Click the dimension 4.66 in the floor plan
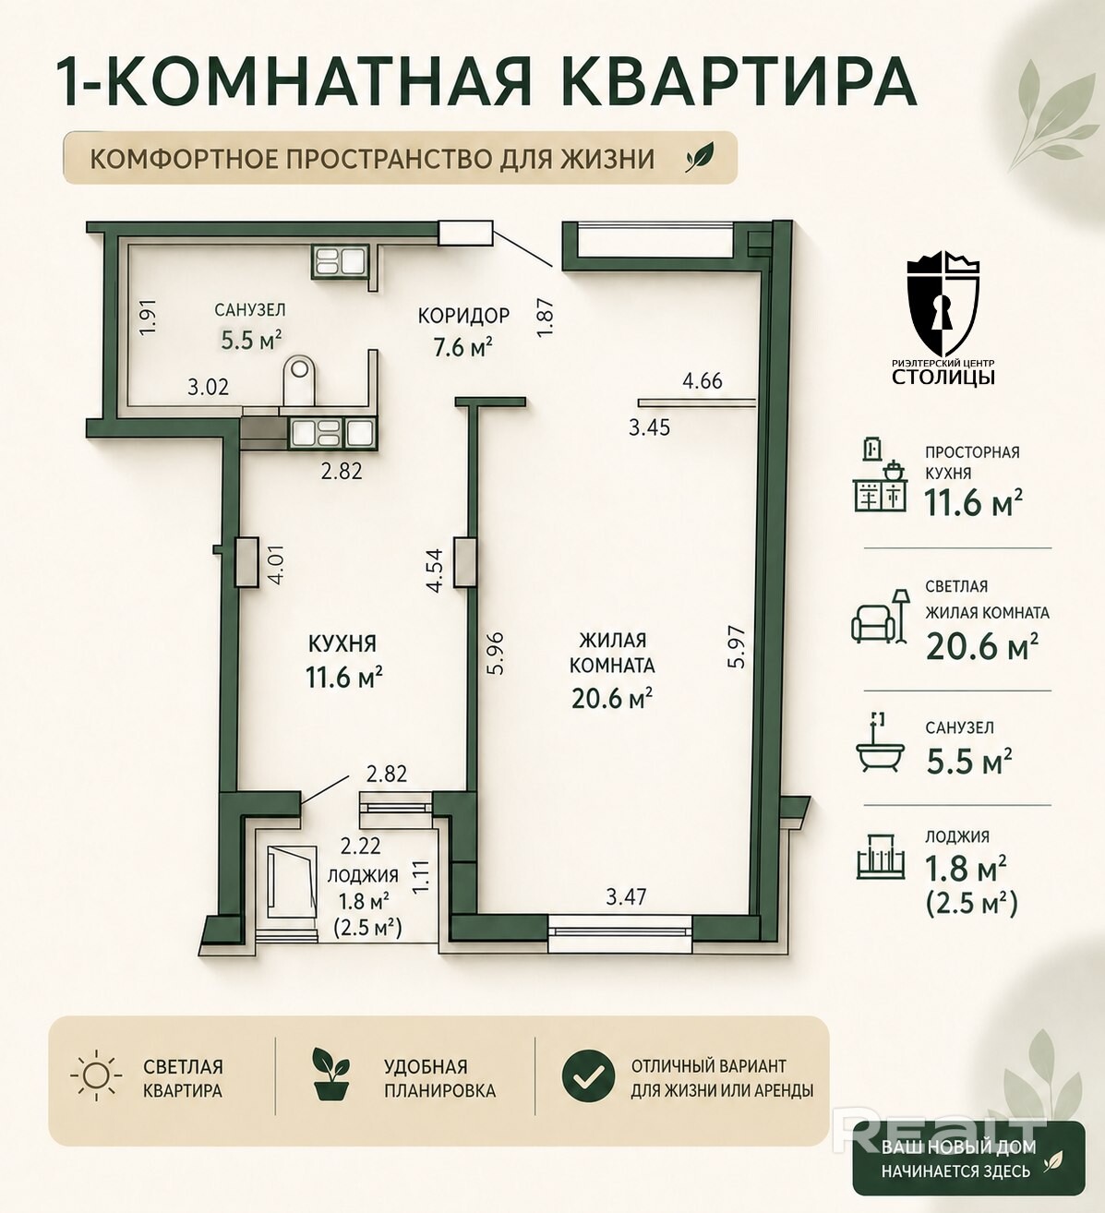(703, 381)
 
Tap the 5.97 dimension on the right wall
(737, 646)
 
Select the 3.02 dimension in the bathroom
(208, 387)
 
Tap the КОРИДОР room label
(464, 315)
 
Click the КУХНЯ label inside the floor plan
(342, 643)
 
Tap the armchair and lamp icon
(881, 615)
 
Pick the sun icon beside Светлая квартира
(97, 1076)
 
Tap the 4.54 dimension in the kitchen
(435, 570)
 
